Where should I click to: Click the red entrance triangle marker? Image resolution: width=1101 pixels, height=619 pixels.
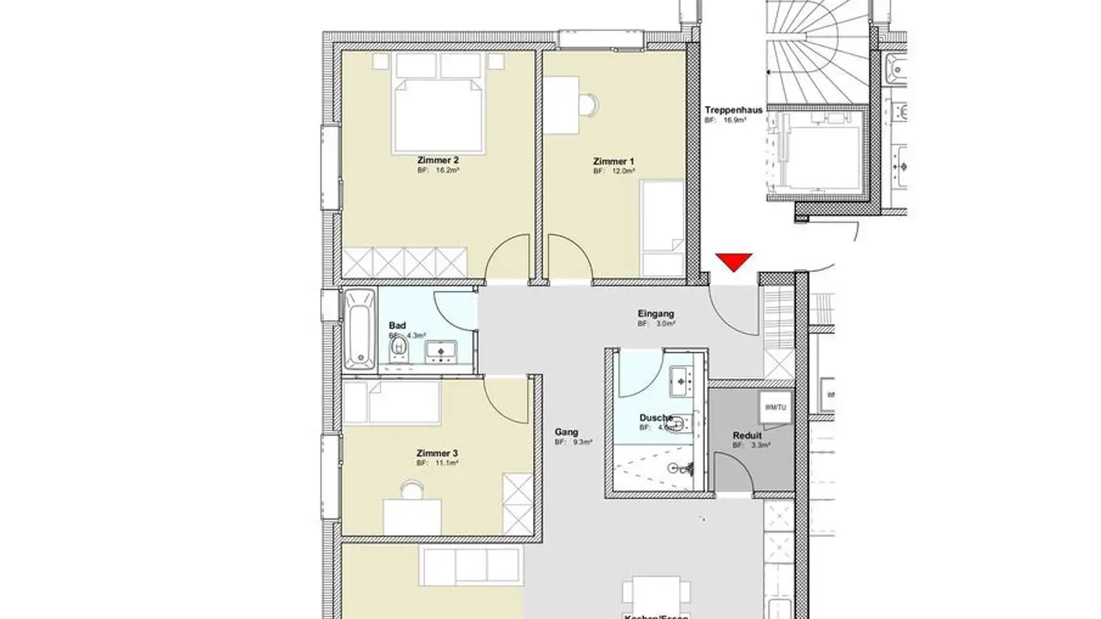click(x=734, y=262)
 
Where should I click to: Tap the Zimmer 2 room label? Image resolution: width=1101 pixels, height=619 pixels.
click(x=438, y=160)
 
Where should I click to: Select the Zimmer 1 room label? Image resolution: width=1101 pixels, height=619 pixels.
click(x=614, y=161)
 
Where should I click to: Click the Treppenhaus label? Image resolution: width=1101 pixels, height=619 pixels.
click(x=733, y=110)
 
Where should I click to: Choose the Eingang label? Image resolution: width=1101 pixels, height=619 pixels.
click(x=656, y=313)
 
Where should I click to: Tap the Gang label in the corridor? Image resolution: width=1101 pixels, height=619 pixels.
click(x=567, y=432)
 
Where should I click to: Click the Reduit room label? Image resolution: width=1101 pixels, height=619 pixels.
click(x=746, y=436)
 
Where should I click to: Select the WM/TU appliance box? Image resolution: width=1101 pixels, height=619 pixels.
click(x=775, y=407)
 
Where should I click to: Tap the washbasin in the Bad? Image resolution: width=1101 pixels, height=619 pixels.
click(x=440, y=352)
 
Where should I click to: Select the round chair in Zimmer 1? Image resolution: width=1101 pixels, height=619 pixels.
click(x=586, y=103)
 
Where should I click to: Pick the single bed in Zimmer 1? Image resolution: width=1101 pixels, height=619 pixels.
click(x=661, y=228)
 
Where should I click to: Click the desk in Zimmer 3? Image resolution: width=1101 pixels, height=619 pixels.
click(x=411, y=517)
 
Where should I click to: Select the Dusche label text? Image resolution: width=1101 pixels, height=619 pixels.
click(x=656, y=418)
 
